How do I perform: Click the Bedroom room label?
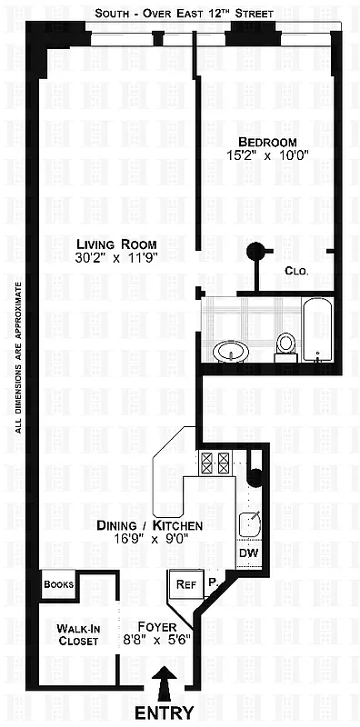click(x=267, y=142)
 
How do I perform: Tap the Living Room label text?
click(x=116, y=244)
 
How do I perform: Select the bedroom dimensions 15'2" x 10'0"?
click(x=267, y=156)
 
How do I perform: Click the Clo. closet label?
click(x=296, y=271)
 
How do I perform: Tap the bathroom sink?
click(x=230, y=350)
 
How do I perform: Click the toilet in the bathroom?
click(x=285, y=344)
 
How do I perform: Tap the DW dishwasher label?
click(x=248, y=553)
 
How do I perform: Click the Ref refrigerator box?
click(x=186, y=585)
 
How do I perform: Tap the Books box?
click(x=57, y=585)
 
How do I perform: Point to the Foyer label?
click(x=155, y=626)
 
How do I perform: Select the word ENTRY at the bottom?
click(x=165, y=713)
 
